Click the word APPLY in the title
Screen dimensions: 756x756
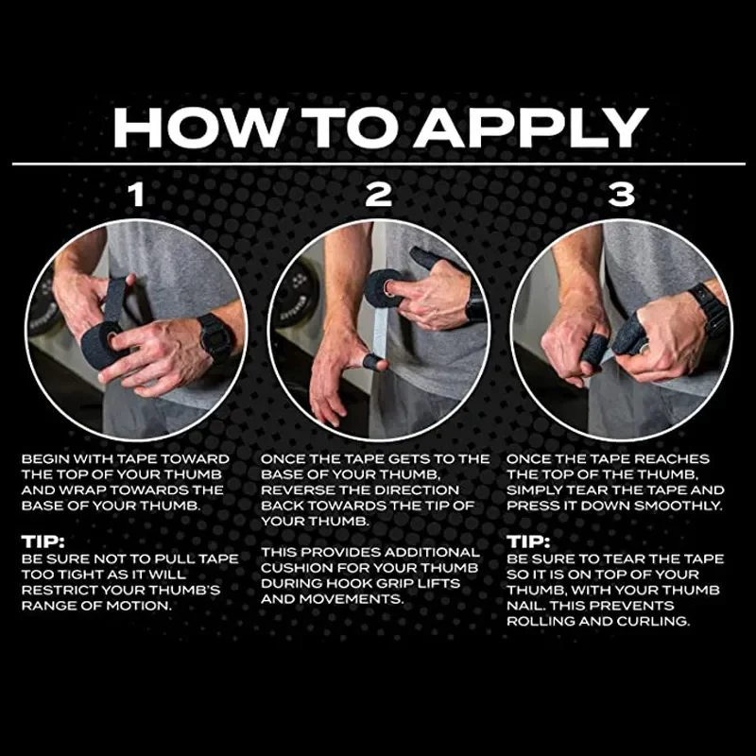point(531,128)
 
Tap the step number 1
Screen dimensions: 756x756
point(137,195)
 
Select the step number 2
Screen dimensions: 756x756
point(378,195)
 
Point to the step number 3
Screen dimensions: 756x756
point(621,195)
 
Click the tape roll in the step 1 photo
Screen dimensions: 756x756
point(101,343)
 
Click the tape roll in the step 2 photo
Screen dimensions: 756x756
point(385,288)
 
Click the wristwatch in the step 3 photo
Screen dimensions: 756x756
point(708,309)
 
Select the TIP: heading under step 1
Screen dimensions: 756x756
point(43,541)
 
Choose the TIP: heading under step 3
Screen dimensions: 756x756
point(528,541)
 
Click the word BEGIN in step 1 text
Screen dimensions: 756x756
point(45,459)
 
